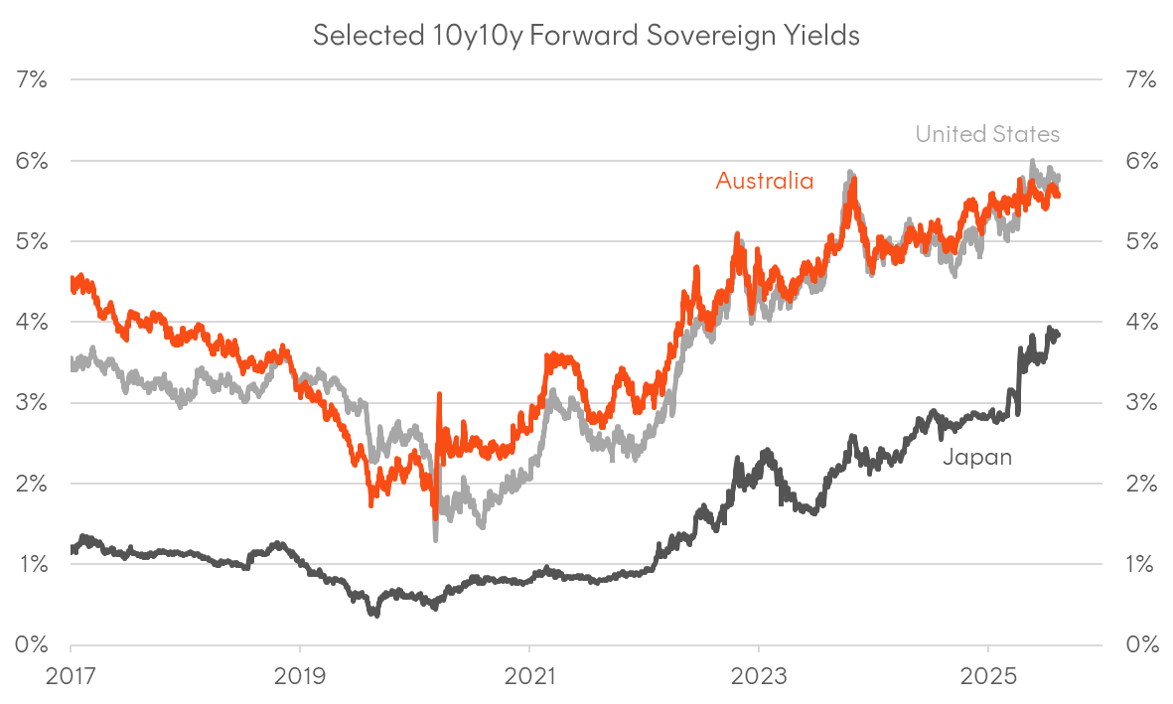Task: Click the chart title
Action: [586, 35]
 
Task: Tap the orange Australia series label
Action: [765, 181]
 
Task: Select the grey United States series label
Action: [987, 133]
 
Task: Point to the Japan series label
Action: [976, 457]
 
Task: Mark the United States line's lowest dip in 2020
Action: [436, 538]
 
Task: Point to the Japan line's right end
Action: [1058, 335]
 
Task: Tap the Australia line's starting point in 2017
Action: [73, 286]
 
